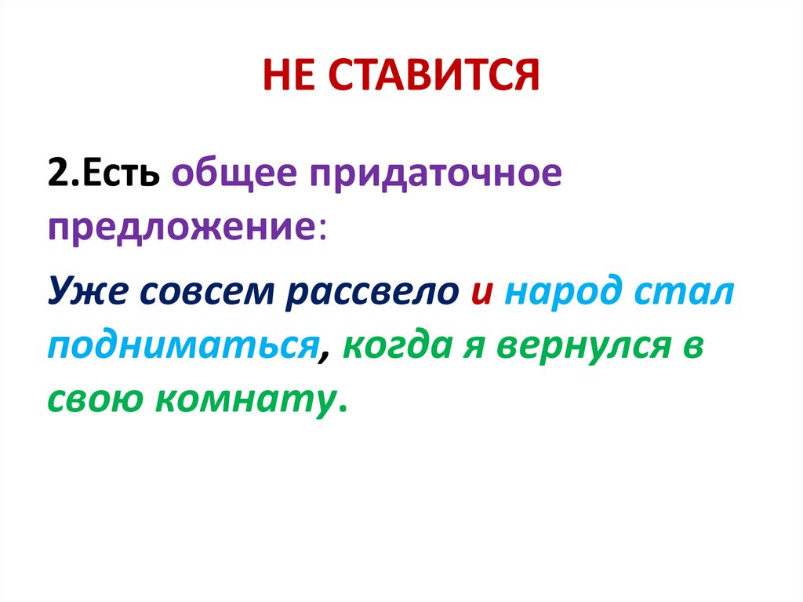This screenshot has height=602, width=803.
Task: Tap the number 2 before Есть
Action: [58, 173]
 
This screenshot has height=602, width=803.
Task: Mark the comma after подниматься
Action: [323, 357]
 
